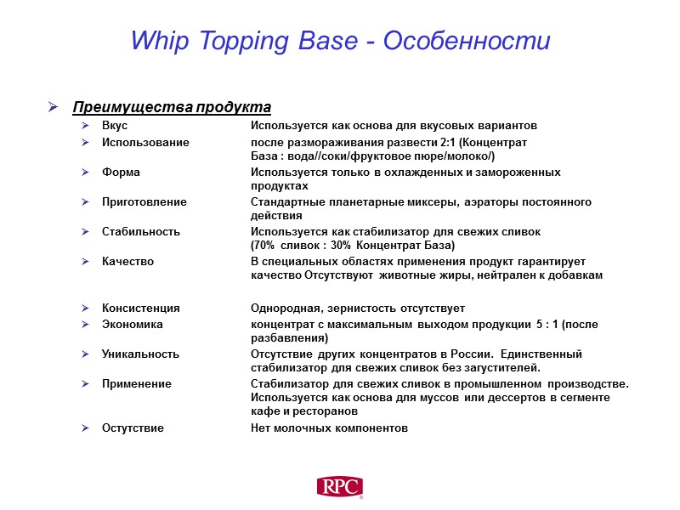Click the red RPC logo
(340, 487)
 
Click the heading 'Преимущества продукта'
(172, 107)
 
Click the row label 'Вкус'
(115, 126)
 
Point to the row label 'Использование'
(145, 142)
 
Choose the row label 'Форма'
(121, 172)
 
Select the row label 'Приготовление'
(144, 202)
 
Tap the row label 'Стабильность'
(141, 231)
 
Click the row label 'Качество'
(127, 261)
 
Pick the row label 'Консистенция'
(140, 308)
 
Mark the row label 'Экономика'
(133, 324)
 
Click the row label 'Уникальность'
(140, 354)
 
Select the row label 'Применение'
(136, 383)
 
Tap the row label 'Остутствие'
(133, 428)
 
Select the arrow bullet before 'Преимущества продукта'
(53, 108)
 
